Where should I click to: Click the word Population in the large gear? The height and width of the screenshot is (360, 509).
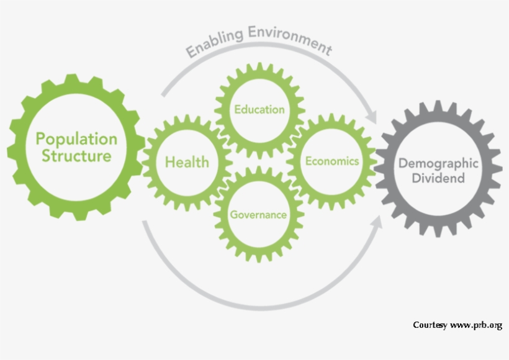tap(76, 138)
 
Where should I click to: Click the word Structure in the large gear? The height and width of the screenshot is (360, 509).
tap(76, 155)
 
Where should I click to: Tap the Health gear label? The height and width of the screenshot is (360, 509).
tap(187, 163)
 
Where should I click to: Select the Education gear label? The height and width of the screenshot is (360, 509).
tap(259, 110)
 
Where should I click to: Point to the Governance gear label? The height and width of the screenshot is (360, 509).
tap(258, 215)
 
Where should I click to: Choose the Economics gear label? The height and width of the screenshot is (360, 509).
tap(332, 161)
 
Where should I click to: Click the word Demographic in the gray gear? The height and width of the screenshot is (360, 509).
tap(438, 164)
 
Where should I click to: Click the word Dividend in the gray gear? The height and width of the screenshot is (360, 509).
tap(438, 179)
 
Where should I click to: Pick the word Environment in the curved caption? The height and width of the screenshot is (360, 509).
tap(289, 38)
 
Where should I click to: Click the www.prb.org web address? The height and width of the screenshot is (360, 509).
tap(475, 325)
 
